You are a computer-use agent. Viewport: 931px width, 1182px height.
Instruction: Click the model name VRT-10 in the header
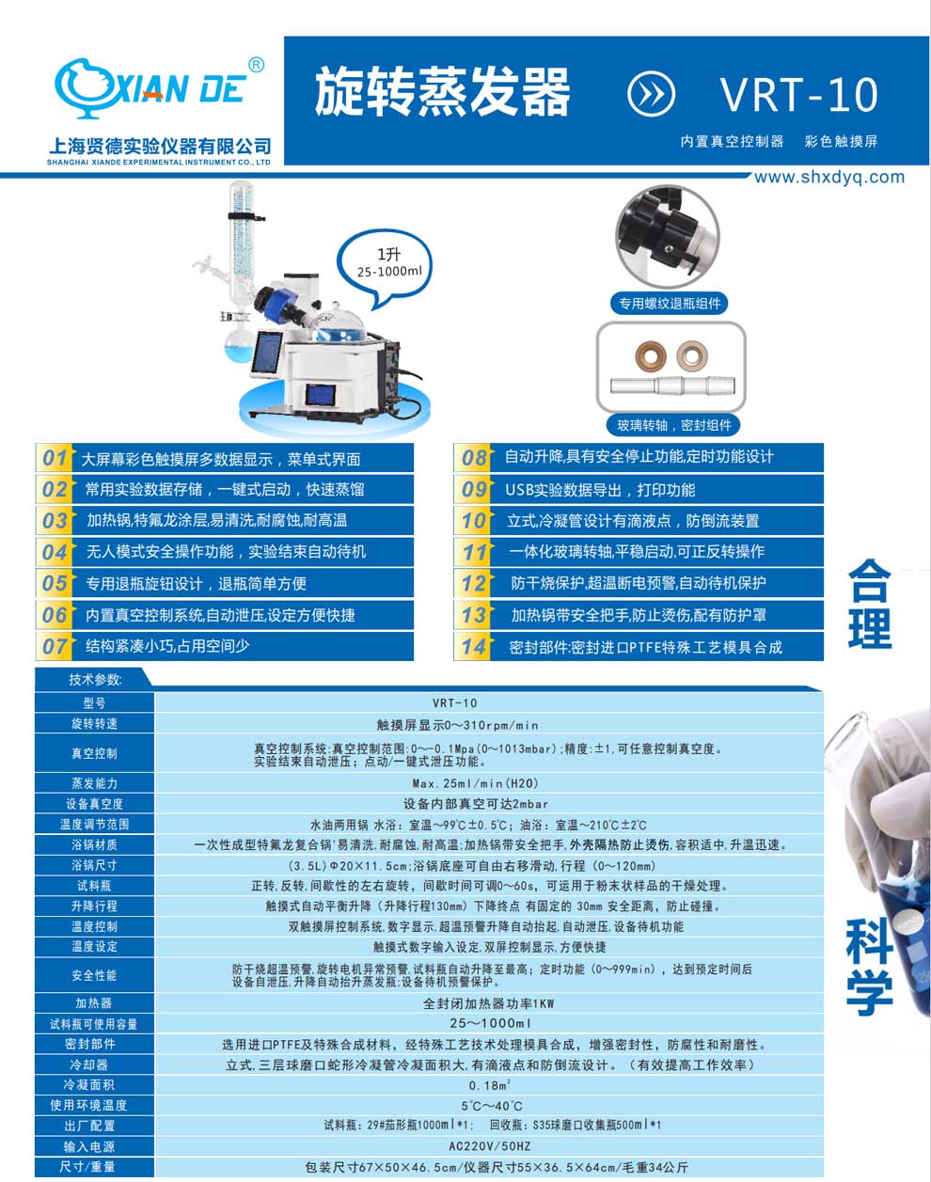[799, 94]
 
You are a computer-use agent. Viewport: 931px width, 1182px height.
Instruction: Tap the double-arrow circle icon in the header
[651, 94]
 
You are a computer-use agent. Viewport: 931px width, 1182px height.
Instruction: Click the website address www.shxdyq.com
[829, 177]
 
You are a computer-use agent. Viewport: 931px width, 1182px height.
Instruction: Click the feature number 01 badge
[55, 459]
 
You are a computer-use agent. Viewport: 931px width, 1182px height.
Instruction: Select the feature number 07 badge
[55, 646]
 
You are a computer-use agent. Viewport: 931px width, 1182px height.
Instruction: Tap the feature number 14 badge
[474, 647]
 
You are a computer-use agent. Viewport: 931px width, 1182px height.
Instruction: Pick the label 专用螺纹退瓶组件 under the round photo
[670, 303]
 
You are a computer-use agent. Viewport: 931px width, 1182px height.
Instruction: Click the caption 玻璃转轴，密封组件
[673, 425]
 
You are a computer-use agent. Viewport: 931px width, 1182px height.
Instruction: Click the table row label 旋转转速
[94, 724]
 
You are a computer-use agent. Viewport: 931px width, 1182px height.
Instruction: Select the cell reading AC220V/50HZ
[489, 1146]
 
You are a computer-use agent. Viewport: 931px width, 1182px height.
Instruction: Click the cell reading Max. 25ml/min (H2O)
[488, 783]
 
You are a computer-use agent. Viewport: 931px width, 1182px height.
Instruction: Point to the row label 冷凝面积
[94, 1085]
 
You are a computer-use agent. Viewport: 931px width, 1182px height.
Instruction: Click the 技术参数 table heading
[95, 679]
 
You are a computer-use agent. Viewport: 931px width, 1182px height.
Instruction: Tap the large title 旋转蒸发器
[442, 93]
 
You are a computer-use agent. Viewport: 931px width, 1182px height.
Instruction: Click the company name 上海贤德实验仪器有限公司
[159, 146]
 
